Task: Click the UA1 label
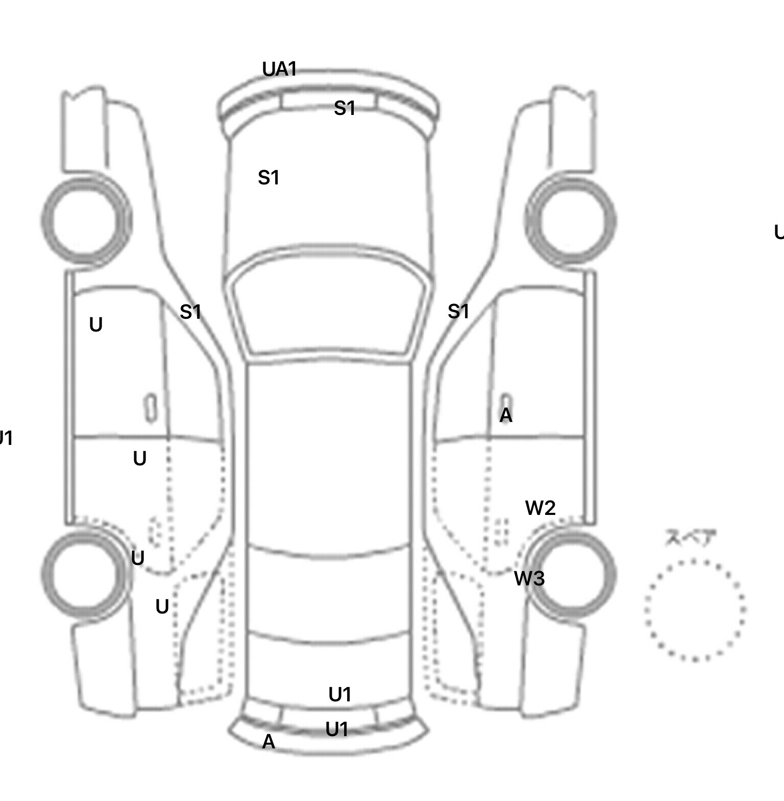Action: pyautogui.click(x=279, y=69)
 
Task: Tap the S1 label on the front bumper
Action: pyautogui.click(x=345, y=108)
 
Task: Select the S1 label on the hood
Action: pyautogui.click(x=268, y=178)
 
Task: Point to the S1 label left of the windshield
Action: pyautogui.click(x=190, y=312)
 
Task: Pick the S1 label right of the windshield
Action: pyautogui.click(x=458, y=311)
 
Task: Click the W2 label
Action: pyautogui.click(x=540, y=508)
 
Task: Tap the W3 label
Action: pyautogui.click(x=529, y=578)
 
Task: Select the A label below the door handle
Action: pyautogui.click(x=506, y=415)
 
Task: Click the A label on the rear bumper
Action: pyautogui.click(x=268, y=742)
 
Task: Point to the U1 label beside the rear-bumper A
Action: pyautogui.click(x=337, y=729)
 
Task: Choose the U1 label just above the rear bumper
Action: pyautogui.click(x=340, y=695)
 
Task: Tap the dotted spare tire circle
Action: pyautogui.click(x=695, y=609)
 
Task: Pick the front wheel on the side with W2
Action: pyautogui.click(x=571, y=222)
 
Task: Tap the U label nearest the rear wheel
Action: pyautogui.click(x=138, y=558)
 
